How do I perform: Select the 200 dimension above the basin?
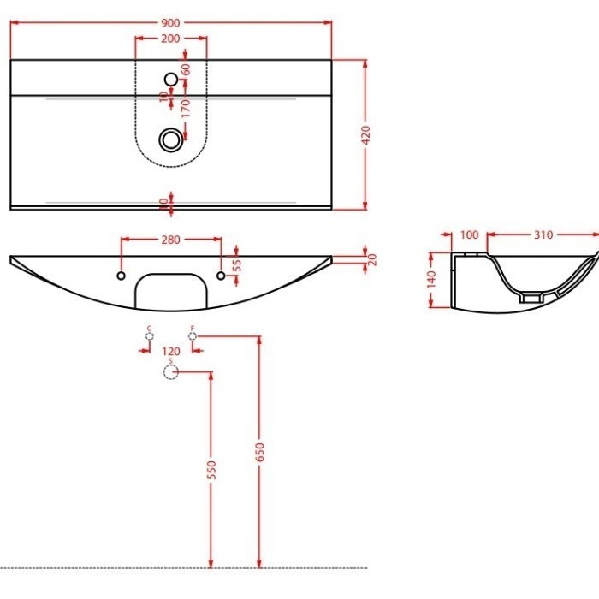click(x=171, y=39)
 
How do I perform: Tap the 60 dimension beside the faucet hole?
click(x=185, y=69)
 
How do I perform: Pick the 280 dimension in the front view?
click(x=170, y=240)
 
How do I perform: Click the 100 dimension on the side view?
click(x=469, y=234)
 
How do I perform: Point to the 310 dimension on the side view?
click(x=543, y=234)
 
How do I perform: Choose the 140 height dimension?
click(x=432, y=279)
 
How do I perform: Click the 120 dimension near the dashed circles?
click(x=171, y=352)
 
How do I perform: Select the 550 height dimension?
click(x=212, y=469)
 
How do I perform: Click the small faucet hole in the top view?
click(x=171, y=80)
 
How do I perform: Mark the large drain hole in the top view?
click(x=171, y=138)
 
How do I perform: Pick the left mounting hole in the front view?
click(x=121, y=276)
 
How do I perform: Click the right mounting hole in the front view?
click(x=222, y=276)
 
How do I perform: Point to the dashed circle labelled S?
click(x=170, y=372)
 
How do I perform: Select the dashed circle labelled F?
click(x=193, y=337)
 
